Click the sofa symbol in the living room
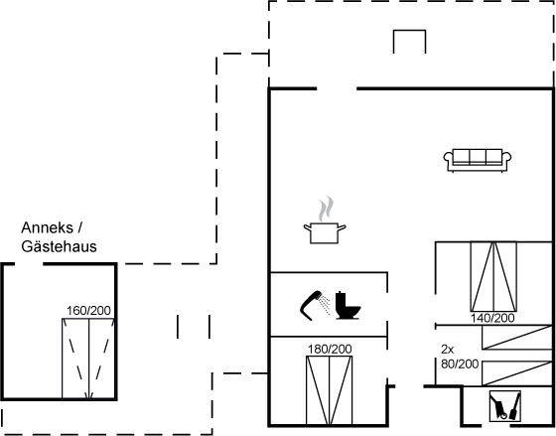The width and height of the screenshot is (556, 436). [478, 160]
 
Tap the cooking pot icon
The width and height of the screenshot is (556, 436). [325, 233]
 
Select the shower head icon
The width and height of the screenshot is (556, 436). [311, 306]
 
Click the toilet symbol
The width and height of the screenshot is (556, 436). [347, 305]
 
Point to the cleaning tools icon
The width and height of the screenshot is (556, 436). [505, 406]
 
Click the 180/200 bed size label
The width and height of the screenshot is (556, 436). [330, 349]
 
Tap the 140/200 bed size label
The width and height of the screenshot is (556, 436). [492, 318]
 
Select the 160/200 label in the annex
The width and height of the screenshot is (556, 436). [88, 311]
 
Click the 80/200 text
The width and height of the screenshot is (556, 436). [460, 363]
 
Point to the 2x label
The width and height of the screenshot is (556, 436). [447, 350]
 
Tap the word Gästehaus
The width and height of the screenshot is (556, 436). [59, 246]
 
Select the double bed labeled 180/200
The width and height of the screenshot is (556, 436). [330, 390]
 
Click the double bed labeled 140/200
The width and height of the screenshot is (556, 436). [493, 277]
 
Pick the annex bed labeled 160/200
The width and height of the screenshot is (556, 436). [88, 359]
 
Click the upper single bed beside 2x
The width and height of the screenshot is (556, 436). [517, 337]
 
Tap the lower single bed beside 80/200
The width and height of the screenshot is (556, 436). [517, 373]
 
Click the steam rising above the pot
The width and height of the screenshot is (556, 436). [326, 209]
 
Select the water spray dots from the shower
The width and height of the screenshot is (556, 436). [324, 304]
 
